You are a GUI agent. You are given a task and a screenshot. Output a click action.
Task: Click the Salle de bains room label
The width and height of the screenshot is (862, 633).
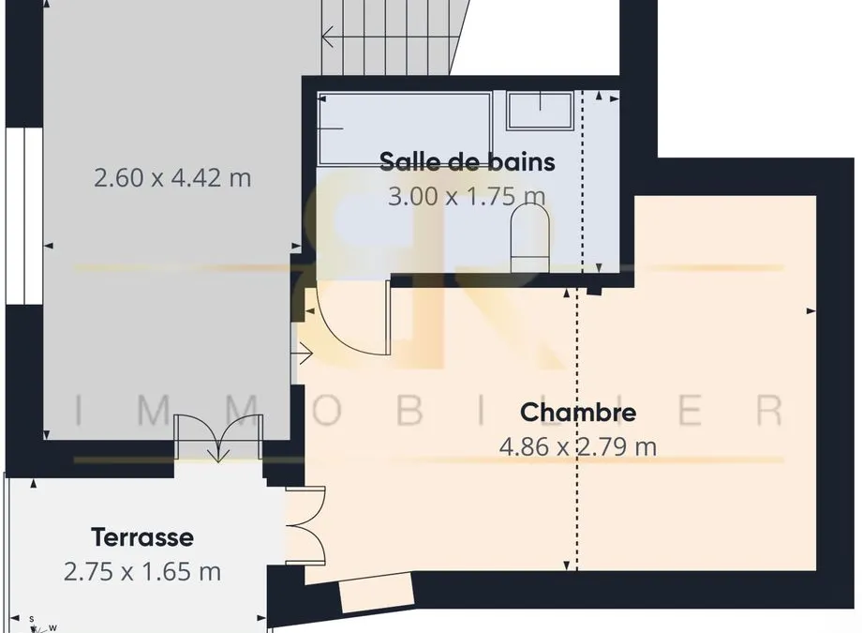click(x=468, y=162)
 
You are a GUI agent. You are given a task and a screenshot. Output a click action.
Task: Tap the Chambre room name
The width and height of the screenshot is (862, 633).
click(x=578, y=413)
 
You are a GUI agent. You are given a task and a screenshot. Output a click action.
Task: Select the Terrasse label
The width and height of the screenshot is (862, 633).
click(x=142, y=537)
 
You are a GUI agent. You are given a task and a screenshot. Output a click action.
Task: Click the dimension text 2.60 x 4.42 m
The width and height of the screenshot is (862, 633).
click(x=172, y=178)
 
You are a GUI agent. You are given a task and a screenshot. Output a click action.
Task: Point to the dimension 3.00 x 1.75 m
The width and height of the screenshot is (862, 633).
click(x=467, y=196)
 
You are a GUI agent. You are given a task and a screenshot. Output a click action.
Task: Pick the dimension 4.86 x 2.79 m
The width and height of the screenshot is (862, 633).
click(x=578, y=446)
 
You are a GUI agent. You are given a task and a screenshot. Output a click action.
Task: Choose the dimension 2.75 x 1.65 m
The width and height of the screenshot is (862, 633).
click(x=142, y=572)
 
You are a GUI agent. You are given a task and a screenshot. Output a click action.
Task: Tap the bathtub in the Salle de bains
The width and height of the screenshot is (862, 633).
click(x=405, y=129)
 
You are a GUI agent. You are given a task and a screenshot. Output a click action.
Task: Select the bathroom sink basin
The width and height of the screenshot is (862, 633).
click(x=540, y=111)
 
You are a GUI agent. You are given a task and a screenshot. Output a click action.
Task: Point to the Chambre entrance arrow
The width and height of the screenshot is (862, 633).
click(x=304, y=354)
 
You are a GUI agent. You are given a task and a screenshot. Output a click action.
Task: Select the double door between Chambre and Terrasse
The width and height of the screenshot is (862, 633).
click(x=305, y=525)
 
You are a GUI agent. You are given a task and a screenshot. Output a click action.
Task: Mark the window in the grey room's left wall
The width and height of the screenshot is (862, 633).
click(x=24, y=216)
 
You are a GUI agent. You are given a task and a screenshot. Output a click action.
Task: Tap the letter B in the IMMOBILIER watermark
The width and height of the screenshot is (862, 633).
click(x=409, y=410)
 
